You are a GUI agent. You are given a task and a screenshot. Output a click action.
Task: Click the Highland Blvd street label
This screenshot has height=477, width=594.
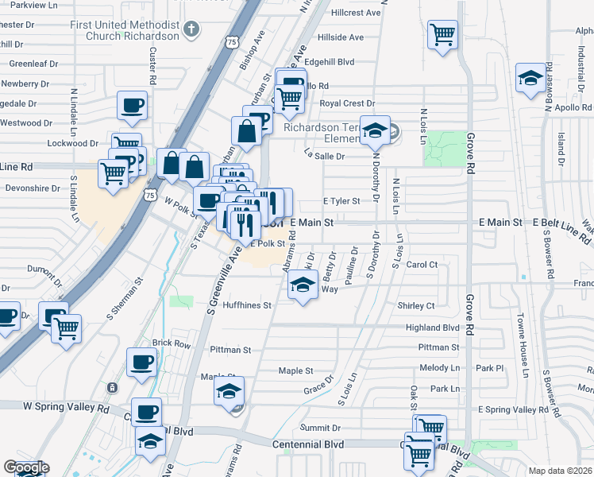click(433, 327)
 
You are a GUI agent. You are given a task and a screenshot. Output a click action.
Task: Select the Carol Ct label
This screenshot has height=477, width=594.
click(422, 265)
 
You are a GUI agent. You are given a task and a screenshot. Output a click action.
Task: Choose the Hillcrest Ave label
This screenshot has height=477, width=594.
click(356, 13)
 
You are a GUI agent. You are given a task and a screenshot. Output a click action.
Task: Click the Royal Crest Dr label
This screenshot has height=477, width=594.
click(346, 103)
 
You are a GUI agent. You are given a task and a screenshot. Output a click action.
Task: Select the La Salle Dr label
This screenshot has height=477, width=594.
click(325, 157)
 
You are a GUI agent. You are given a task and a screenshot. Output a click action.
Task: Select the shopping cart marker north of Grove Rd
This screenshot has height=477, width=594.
click(442, 36)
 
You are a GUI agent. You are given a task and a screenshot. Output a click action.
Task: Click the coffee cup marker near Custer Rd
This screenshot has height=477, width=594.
click(132, 105)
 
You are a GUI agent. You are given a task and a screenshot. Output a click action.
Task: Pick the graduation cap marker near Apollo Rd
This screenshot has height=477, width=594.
click(530, 79)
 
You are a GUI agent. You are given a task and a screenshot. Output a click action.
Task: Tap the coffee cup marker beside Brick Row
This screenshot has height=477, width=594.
click(141, 362)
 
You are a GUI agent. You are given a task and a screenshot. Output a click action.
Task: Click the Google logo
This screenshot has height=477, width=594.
click(26, 467)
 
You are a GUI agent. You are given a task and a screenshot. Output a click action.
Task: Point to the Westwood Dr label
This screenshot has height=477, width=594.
click(26, 123)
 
